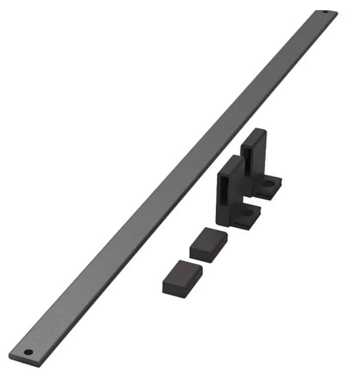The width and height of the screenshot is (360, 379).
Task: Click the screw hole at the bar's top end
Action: pos(326,12)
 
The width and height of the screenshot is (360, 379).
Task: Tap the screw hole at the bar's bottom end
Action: pos(28,352)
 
